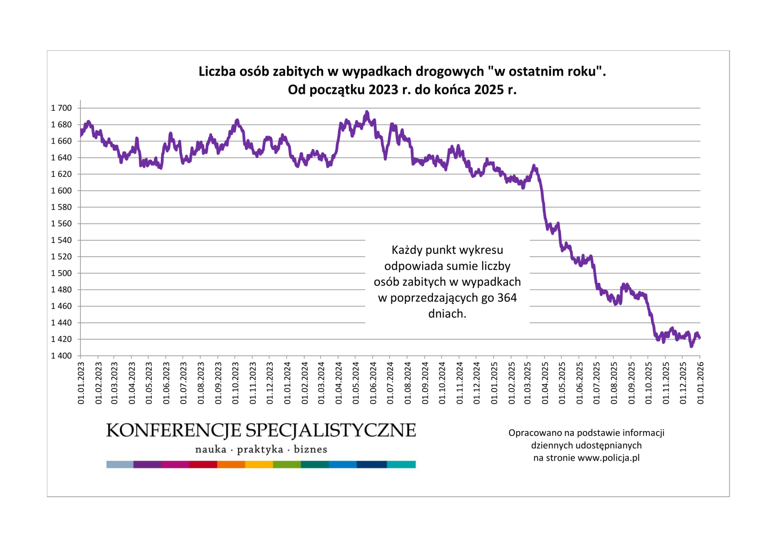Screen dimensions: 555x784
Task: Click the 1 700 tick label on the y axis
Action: pyautogui.click(x=61, y=108)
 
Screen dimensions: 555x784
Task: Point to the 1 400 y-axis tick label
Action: pyautogui.click(x=61, y=356)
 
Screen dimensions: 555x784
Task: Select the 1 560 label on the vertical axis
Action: pyautogui.click(x=61, y=224)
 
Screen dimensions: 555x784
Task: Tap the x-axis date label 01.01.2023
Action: pyautogui.click(x=81, y=383)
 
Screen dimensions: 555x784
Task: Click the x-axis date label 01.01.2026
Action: pyautogui.click(x=700, y=383)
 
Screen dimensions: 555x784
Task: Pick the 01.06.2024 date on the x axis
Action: pyautogui.click(x=373, y=383)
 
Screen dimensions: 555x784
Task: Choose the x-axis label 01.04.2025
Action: pyautogui.click(x=545, y=383)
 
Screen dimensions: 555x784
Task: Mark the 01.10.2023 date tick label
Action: pyautogui.click(x=235, y=383)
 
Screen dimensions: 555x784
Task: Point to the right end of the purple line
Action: pyautogui.click(x=700, y=338)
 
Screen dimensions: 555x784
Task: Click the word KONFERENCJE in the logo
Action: pyautogui.click(x=174, y=430)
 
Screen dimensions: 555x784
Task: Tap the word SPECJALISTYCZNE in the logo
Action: pyautogui.click(x=331, y=430)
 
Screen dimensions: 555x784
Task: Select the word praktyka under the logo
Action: pyautogui.click(x=260, y=450)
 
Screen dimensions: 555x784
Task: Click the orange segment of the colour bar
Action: pyautogui.click(x=231, y=464)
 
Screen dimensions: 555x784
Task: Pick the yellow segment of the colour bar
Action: pyautogui.click(x=258, y=464)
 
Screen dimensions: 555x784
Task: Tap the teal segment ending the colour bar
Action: pyautogui.click(x=401, y=464)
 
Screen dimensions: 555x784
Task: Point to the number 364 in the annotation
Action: pyautogui.click(x=507, y=298)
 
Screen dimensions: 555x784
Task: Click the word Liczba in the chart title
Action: pyautogui.click(x=217, y=71)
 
